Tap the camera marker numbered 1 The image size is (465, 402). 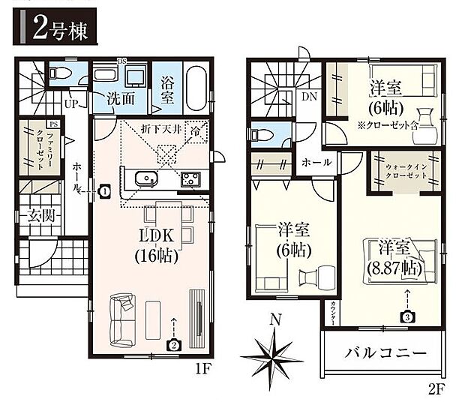[104, 191]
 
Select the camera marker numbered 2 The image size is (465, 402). [174, 346]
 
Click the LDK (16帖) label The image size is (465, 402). [157, 245]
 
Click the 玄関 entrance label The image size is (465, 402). [38, 217]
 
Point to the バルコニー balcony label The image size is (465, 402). [387, 352]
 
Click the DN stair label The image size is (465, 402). [308, 96]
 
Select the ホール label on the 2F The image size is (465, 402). [313, 162]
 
